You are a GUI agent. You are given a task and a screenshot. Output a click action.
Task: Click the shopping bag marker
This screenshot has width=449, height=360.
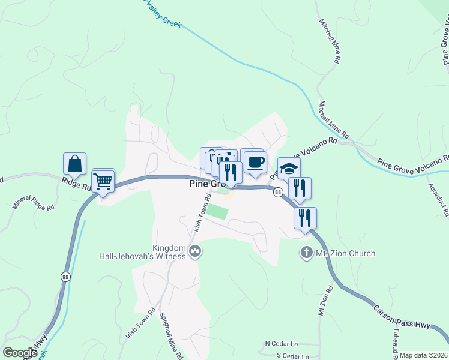tap(74, 164)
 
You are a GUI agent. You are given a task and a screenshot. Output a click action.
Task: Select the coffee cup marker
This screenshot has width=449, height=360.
tap(256, 161)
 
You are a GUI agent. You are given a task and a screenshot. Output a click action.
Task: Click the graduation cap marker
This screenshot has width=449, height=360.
tap(289, 168)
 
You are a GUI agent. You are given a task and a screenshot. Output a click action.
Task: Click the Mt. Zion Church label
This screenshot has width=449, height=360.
tap(345, 254)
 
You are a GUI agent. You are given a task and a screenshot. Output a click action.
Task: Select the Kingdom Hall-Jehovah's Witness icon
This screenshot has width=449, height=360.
tap(194, 251)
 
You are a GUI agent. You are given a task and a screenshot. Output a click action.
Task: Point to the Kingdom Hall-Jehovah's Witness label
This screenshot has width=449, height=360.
tap(143, 251)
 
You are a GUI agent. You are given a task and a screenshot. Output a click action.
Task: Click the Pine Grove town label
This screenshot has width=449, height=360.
tap(204, 185)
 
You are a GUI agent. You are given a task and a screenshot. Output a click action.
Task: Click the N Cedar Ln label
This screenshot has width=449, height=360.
tap(282, 344)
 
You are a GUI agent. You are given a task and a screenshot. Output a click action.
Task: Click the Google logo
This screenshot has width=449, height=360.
tap(20, 353)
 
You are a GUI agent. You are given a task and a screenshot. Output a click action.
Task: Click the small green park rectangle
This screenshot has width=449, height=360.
tap(217, 212)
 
